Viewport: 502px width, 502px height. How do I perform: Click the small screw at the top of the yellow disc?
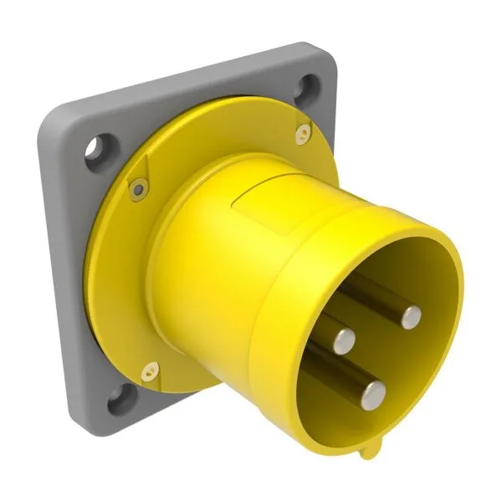click(x=302, y=132)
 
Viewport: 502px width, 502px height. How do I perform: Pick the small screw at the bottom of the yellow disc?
click(x=151, y=368)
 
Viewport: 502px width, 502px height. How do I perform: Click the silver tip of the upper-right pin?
click(x=410, y=316)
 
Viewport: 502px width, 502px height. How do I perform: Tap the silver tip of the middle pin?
click(x=344, y=339)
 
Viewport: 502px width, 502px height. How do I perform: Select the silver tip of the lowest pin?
click(x=372, y=391)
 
